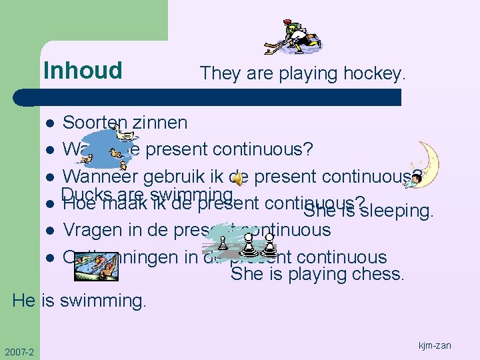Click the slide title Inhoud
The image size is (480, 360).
click(83, 70)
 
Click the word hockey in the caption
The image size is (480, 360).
click(374, 73)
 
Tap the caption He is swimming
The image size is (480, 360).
click(79, 301)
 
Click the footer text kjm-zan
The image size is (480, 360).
click(435, 345)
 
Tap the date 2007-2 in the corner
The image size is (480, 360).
click(19, 352)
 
